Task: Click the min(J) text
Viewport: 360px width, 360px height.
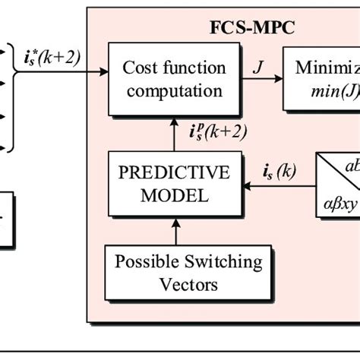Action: [x=330, y=92]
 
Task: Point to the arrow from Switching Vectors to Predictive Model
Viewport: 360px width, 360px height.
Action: [x=174, y=232]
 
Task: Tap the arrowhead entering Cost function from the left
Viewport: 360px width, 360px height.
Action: [x=103, y=73]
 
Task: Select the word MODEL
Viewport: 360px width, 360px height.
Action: [x=174, y=195]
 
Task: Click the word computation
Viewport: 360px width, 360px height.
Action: [x=175, y=92]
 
